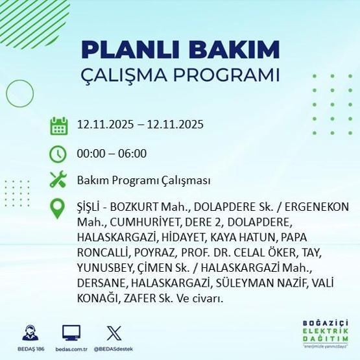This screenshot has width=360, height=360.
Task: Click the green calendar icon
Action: [58, 125]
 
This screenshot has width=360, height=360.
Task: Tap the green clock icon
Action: [58, 154]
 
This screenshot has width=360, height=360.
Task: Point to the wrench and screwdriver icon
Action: [58, 180]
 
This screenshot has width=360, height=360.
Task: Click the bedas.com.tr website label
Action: [71, 349]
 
